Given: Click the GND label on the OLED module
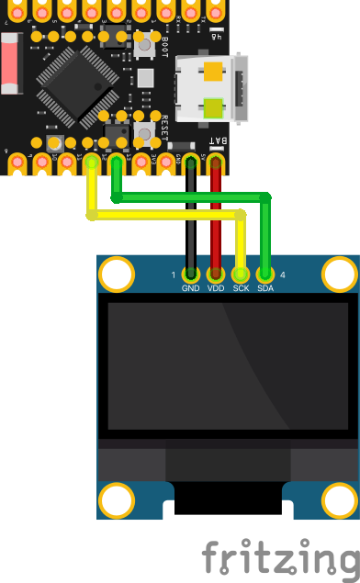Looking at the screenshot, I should click(x=191, y=288).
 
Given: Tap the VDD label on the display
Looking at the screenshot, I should click(x=216, y=288).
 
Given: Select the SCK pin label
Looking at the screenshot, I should click(x=241, y=288).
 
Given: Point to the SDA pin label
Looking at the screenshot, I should click(x=265, y=288).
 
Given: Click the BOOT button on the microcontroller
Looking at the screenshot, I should click(x=145, y=43).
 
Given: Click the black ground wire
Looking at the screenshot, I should click(x=191, y=220).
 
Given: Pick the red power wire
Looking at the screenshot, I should click(x=216, y=220).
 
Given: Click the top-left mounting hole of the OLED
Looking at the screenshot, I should click(x=117, y=275).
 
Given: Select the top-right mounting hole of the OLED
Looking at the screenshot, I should click(x=340, y=275).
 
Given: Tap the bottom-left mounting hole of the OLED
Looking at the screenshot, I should click(x=117, y=501).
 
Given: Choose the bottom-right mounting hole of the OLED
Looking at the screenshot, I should click(x=340, y=501).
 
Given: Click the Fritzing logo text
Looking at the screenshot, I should click(x=280, y=556).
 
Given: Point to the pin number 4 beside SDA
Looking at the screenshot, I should click(x=282, y=275).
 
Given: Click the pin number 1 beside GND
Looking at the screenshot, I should click(x=174, y=275).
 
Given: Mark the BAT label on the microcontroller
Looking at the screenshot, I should click(x=216, y=140).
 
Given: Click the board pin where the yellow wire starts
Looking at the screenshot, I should click(x=93, y=164).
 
